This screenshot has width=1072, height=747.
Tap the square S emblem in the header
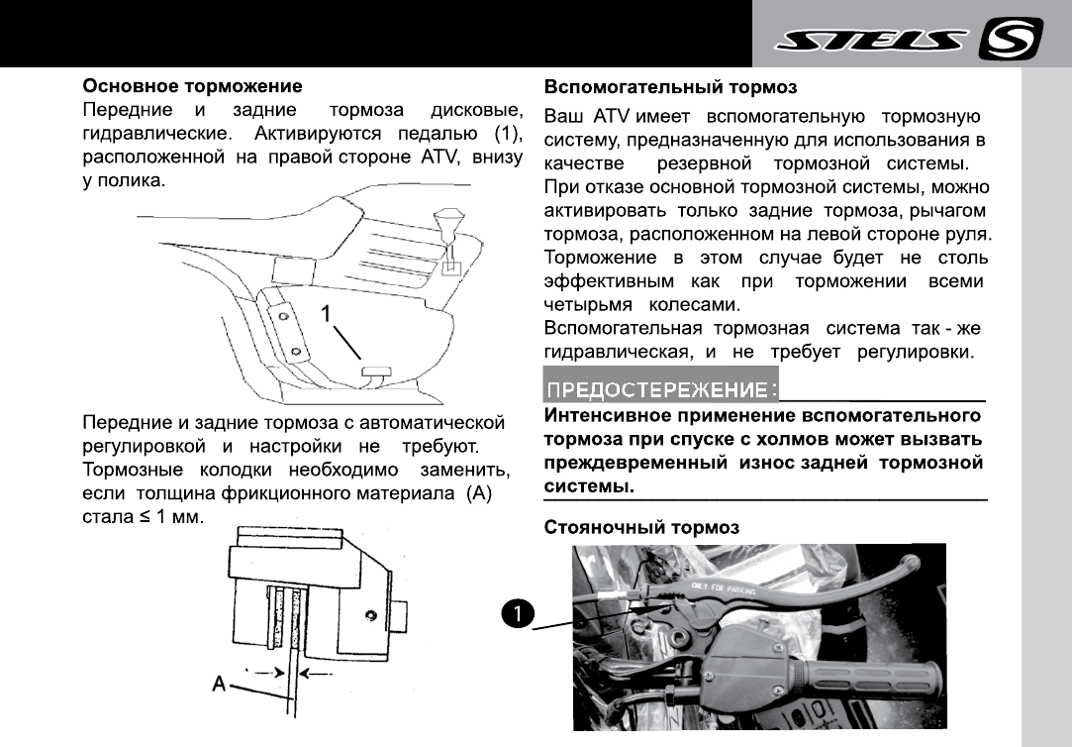point(1010,40)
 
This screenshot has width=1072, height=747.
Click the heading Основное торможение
point(192,86)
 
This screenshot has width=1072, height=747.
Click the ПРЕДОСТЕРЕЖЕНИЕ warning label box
point(661,386)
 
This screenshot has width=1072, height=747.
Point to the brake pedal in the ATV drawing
point(373,372)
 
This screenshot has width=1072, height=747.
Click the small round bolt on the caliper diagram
point(369,616)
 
